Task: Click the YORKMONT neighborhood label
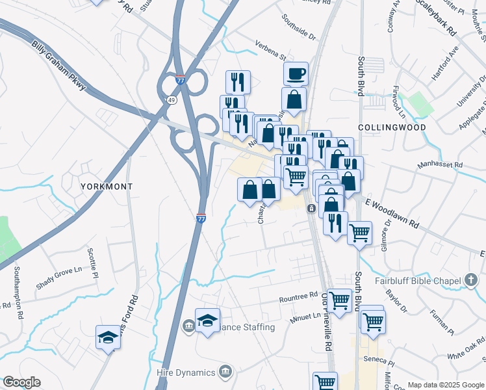[x=107, y=187]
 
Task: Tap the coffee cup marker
[x=296, y=73]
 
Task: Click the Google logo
[x=21, y=382]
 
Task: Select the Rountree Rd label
[x=298, y=296]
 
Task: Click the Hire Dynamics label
[x=186, y=372]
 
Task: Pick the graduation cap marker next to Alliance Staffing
[x=207, y=320]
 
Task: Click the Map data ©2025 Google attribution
[x=446, y=385]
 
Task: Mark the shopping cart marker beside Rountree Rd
[x=339, y=300]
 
